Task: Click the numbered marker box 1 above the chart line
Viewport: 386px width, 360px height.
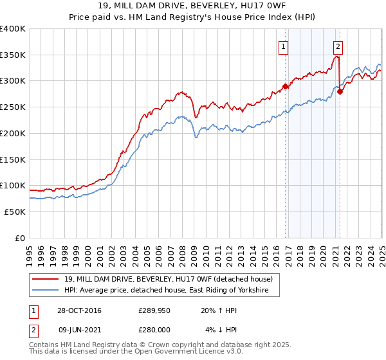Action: (x=284, y=46)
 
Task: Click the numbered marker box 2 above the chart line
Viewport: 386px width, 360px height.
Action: (x=338, y=46)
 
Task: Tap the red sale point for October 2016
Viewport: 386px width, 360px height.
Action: (x=285, y=86)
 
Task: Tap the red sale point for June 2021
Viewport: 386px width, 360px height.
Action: (x=340, y=91)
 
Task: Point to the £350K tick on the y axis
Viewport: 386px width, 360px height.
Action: (x=14, y=55)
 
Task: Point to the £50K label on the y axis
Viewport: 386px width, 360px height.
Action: (x=15, y=212)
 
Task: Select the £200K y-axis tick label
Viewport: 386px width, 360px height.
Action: (x=14, y=133)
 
